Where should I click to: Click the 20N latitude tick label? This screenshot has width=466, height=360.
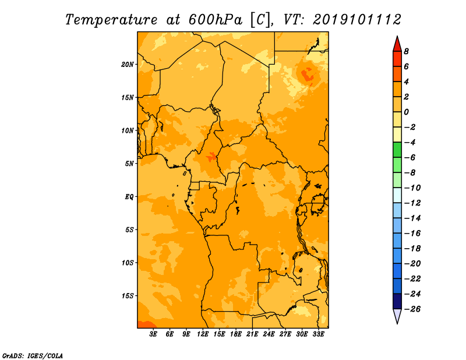click(128, 65)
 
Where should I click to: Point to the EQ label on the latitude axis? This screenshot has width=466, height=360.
click(129, 197)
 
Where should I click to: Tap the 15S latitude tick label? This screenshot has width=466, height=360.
click(128, 296)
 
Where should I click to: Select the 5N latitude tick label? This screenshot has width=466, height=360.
click(129, 164)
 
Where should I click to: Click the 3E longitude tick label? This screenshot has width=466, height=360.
click(153, 334)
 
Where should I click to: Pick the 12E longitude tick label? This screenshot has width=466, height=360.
click(203, 334)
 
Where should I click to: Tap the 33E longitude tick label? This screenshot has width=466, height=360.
click(318, 334)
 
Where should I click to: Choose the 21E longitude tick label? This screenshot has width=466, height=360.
click(252, 334)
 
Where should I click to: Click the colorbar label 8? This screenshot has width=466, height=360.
click(406, 51)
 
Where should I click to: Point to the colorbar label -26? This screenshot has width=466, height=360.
click(412, 309)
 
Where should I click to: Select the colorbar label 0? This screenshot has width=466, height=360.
click(406, 112)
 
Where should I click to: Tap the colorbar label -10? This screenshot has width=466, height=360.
click(412, 188)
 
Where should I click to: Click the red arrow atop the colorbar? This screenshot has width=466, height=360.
click(397, 44)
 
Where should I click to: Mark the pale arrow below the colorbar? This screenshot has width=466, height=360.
click(397, 316)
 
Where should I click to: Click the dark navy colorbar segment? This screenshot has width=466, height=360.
click(397, 301)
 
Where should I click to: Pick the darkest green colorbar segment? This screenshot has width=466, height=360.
click(397, 150)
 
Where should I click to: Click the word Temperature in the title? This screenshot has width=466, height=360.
click(111, 20)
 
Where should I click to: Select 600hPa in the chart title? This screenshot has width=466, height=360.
click(216, 20)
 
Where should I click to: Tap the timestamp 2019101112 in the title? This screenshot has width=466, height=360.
click(357, 20)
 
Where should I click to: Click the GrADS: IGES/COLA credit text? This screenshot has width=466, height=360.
click(33, 356)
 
